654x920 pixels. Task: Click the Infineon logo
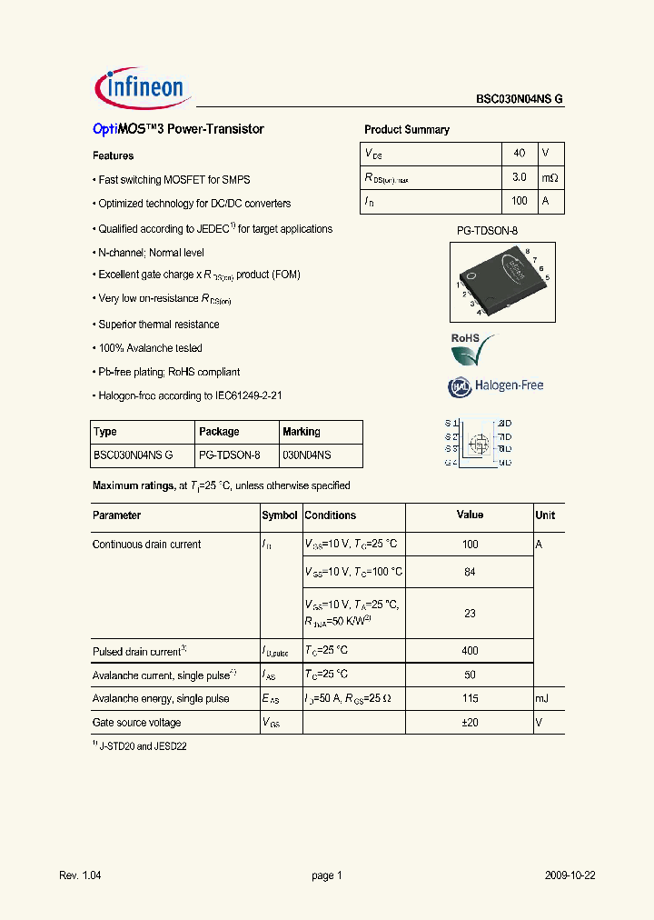tap(141, 87)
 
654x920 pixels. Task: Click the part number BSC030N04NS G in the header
tap(520, 100)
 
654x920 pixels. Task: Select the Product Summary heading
tap(406, 130)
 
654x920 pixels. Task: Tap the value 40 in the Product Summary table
tap(520, 154)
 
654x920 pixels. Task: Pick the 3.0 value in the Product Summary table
tap(520, 177)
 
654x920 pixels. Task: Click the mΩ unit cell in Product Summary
tap(550, 177)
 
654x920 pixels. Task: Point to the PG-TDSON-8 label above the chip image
tap(486, 232)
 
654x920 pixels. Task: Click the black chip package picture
tap(501, 281)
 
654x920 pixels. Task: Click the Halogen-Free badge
tap(495, 386)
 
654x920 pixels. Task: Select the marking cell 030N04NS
tap(307, 455)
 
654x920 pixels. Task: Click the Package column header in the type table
tap(219, 432)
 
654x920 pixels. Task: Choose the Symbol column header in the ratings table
tap(280, 515)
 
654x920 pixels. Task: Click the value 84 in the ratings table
tap(470, 572)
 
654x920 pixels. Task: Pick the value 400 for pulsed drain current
tap(470, 651)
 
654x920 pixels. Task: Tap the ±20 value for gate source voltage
tap(470, 723)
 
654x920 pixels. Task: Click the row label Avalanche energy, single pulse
tap(161, 699)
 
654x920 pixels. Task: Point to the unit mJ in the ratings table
tap(542, 699)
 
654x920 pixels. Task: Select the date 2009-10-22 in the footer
tap(570, 875)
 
